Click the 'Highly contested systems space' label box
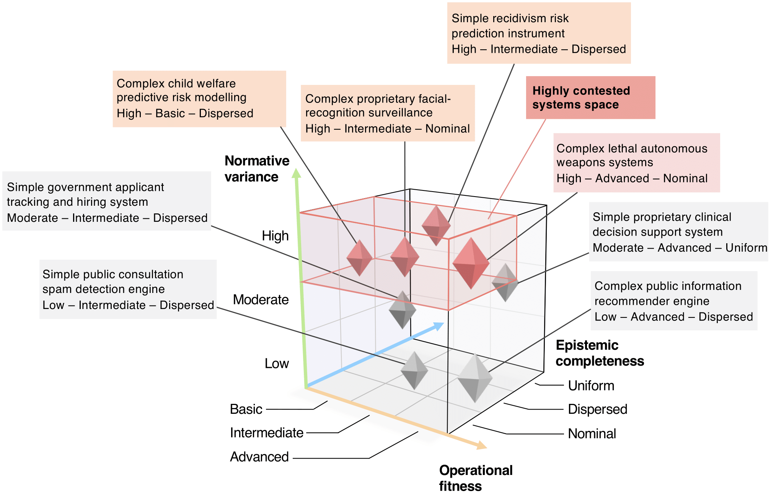tap(590, 98)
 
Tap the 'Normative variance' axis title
tap(256, 169)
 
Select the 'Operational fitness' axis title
tap(475, 478)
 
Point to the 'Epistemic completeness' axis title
tap(599, 353)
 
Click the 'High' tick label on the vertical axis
tap(275, 236)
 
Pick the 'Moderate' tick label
tap(261, 299)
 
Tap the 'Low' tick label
tap(276, 363)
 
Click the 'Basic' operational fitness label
tap(246, 409)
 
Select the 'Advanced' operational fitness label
tap(259, 457)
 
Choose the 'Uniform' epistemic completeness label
tap(591, 385)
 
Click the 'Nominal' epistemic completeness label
tap(592, 434)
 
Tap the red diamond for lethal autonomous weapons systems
tap(471, 263)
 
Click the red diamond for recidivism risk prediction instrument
tap(436, 226)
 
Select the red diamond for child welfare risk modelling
tap(359, 258)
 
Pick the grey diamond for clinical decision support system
tap(505, 282)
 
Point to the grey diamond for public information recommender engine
tap(474, 378)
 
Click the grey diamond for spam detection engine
tap(414, 370)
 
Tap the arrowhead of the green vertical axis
tap(296, 173)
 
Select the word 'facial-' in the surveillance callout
tap(432, 99)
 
